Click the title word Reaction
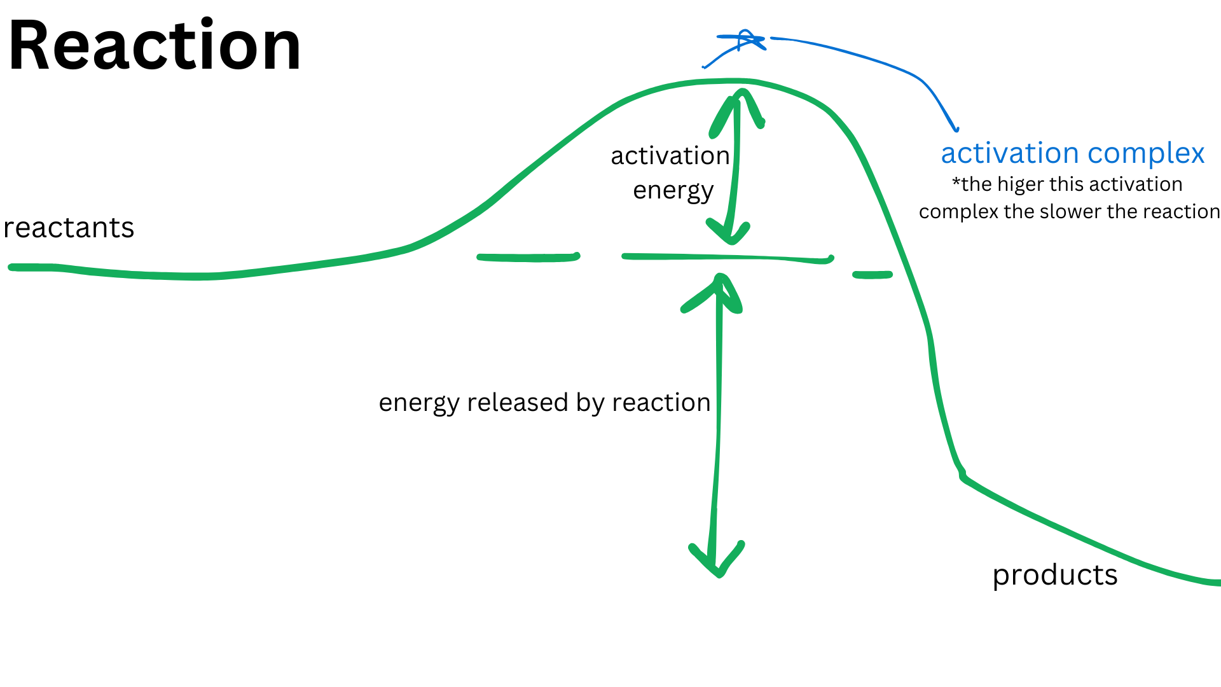click(x=155, y=46)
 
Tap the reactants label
click(x=69, y=228)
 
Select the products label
click(x=1054, y=575)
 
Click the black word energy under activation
click(x=673, y=190)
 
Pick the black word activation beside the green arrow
click(x=670, y=156)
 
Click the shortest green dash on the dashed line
click(x=873, y=275)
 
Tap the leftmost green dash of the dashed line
click(x=528, y=258)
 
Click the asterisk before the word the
click(x=956, y=183)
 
